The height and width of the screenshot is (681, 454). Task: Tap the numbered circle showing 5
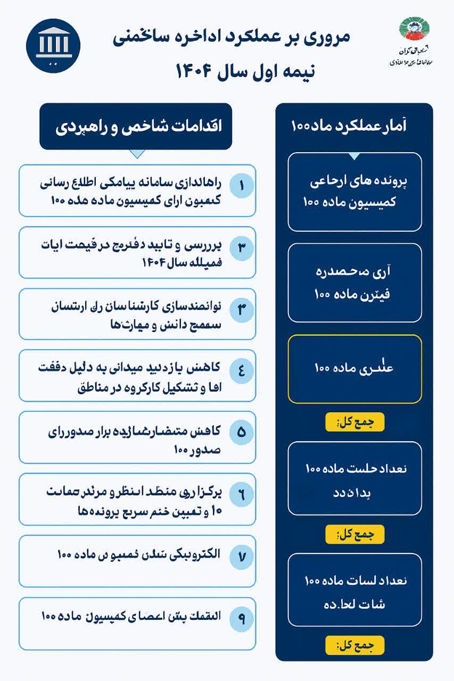point(241,431)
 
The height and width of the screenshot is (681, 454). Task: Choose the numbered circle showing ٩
point(241,618)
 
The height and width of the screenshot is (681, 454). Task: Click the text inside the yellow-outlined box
point(354,368)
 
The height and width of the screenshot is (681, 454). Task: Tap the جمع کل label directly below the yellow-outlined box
point(354,422)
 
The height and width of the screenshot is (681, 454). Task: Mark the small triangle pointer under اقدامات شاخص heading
point(137,154)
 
